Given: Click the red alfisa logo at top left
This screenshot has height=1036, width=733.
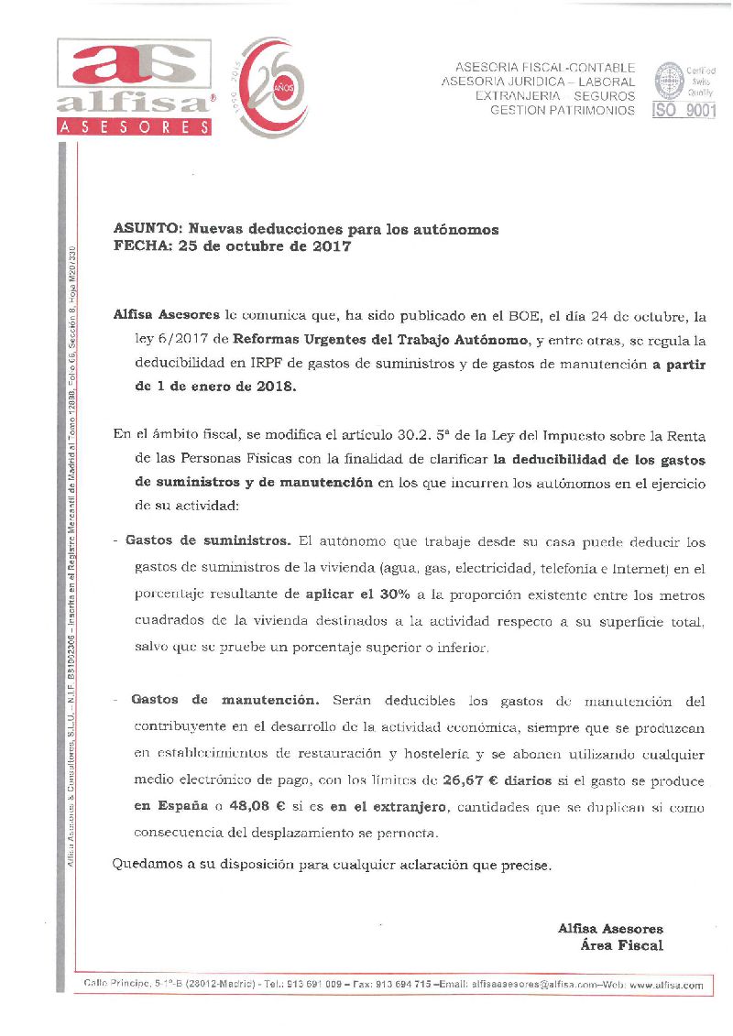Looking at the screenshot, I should pos(137,88).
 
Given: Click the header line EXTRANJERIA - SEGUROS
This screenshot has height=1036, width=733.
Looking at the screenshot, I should pos(555,96).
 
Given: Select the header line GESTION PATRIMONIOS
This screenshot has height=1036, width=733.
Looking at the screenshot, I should pos(563,110).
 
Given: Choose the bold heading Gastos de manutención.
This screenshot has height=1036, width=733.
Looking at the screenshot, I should pos(225,700).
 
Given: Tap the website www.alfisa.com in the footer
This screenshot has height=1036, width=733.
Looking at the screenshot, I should pos(666,986).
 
